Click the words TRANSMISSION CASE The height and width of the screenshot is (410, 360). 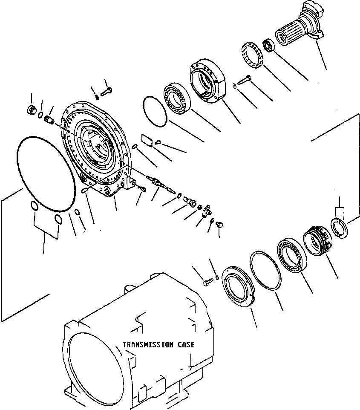tap(158, 344)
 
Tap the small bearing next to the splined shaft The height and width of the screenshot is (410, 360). tap(268, 44)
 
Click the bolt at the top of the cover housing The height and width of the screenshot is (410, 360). tap(107, 91)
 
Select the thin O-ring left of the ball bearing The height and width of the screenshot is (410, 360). tap(154, 110)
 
